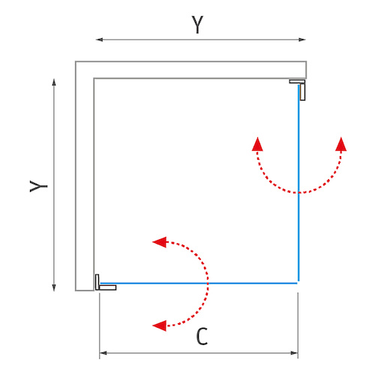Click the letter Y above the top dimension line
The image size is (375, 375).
pyautogui.click(x=197, y=25)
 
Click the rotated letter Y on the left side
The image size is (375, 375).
pyautogui.click(x=38, y=186)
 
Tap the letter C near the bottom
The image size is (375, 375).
pyautogui.click(x=202, y=336)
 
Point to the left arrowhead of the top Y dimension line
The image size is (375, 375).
pyautogui.click(x=99, y=40)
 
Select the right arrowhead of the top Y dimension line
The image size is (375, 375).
pyautogui.click(x=302, y=40)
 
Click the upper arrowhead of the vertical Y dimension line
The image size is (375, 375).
pyautogui.click(x=54, y=82)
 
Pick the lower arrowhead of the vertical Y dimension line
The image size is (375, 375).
pyautogui.click(x=54, y=288)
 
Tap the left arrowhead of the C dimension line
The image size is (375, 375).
pyautogui.click(x=103, y=353)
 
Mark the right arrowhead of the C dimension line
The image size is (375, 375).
pyautogui.click(x=294, y=353)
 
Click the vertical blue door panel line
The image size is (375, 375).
pyautogui.click(x=298, y=183)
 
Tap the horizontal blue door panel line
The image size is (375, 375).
pyautogui.click(x=199, y=283)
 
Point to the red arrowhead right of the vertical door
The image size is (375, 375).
pyautogui.click(x=341, y=144)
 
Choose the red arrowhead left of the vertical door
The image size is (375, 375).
pyautogui.click(x=257, y=144)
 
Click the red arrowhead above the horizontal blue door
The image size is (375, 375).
pyautogui.click(x=160, y=242)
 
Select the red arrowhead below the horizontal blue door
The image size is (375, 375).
pyautogui.click(x=160, y=325)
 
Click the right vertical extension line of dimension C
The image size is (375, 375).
pyautogui.click(x=298, y=325)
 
